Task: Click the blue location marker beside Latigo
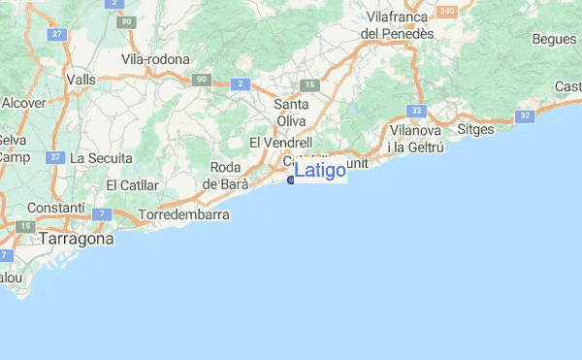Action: click(x=291, y=178)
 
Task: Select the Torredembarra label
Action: click(x=184, y=213)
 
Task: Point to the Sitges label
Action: click(x=474, y=129)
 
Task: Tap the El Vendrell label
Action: click(x=280, y=143)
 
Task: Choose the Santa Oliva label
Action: click(x=291, y=113)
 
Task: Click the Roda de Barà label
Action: click(x=230, y=175)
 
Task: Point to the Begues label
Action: click(x=554, y=40)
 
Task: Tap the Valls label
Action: click(x=81, y=80)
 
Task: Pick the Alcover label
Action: click(x=23, y=102)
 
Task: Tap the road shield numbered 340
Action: click(x=446, y=11)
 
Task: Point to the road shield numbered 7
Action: click(x=104, y=213)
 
